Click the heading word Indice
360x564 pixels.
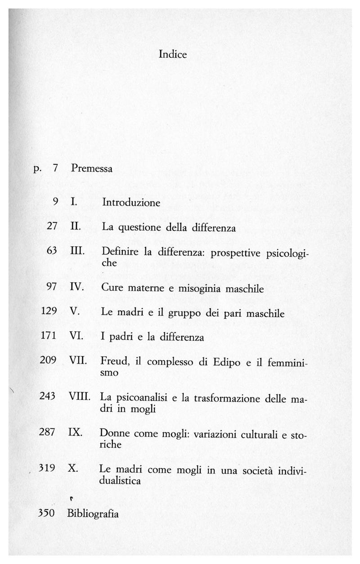click(173, 54)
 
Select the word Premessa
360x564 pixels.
click(91, 169)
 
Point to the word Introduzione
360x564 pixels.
click(131, 203)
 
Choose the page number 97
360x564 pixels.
click(51, 287)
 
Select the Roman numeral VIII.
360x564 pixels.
click(81, 397)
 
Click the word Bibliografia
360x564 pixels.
click(93, 514)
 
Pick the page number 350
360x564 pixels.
click(46, 514)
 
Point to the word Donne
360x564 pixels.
click(114, 433)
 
